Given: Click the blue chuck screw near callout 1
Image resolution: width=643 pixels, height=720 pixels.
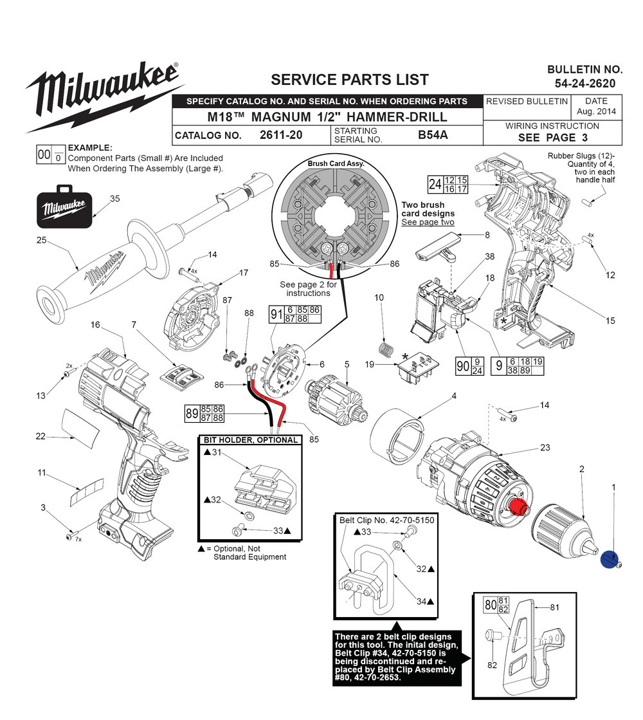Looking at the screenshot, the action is point(609,560).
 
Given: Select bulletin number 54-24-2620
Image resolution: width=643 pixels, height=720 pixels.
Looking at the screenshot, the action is point(584,84).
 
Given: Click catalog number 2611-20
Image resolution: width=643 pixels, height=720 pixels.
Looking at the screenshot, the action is point(281,135).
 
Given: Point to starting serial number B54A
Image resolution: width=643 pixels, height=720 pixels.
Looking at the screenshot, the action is point(433,135).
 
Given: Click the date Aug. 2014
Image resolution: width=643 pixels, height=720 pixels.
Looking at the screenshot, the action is point(596,111).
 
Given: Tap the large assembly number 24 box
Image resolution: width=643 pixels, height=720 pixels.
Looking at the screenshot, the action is point(435,184).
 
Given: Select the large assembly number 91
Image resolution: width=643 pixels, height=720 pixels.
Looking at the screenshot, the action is point(276,315).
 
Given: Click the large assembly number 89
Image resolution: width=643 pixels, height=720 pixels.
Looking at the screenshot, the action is point(192,413).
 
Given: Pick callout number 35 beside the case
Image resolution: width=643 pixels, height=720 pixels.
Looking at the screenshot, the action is point(114,199).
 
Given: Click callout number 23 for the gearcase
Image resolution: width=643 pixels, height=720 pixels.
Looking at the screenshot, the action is point(545,447).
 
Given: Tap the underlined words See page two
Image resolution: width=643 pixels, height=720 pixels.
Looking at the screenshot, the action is point(428,222).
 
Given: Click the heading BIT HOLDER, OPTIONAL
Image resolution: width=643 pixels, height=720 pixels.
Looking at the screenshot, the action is point(251,440).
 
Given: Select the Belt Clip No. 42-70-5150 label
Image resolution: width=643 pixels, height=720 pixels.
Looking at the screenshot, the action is point(386,521).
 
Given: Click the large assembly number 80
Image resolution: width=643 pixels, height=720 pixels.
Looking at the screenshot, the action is point(490,605).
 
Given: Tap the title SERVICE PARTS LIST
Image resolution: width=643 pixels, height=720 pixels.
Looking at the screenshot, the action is point(349,80).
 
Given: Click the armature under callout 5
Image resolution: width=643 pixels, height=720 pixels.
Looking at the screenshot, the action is point(336,400).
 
